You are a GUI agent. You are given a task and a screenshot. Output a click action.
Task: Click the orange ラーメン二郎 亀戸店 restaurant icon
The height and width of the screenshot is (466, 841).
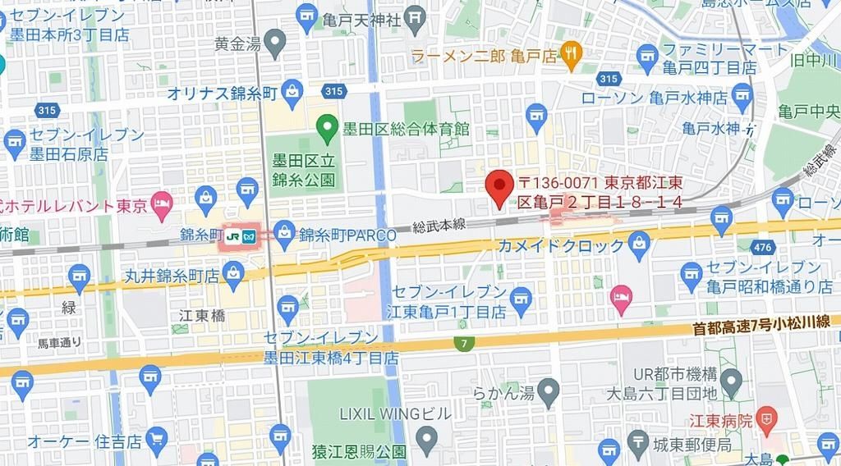point(572,55)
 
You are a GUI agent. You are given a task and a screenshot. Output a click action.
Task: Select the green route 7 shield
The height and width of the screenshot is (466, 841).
point(466,344)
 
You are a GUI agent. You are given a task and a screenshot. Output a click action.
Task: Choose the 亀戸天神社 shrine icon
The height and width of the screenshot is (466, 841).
point(416,16)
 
